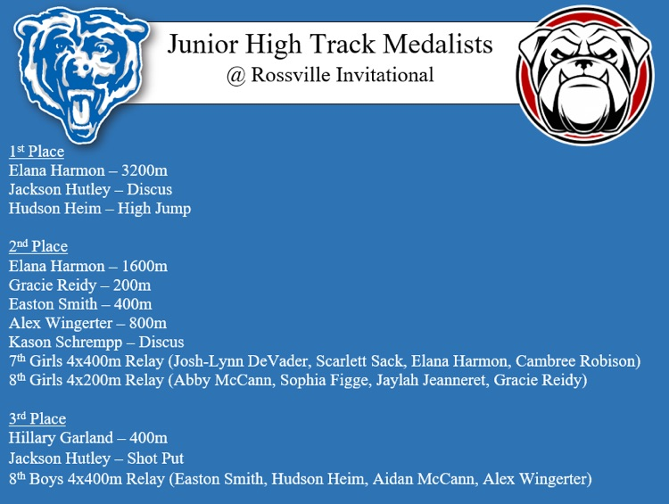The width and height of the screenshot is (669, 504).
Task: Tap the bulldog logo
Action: [584, 75]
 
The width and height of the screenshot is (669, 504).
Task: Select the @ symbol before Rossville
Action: [236, 76]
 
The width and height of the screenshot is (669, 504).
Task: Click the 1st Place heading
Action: [37, 151]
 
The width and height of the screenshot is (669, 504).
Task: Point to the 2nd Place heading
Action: [38, 246]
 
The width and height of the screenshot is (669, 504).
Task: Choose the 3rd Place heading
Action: [37, 418]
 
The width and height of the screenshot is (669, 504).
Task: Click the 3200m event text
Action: [145, 170]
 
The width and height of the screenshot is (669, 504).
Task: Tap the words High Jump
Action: [154, 209]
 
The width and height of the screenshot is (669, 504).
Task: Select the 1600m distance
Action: [145, 266]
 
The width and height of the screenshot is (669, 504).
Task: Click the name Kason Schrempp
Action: [66, 343]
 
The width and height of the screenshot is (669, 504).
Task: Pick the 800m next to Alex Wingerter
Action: [148, 323]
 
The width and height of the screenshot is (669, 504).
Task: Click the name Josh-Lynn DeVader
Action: [241, 361]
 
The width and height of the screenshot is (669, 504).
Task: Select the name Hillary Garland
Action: [61, 438]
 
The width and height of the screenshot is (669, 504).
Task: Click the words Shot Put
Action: [155, 459]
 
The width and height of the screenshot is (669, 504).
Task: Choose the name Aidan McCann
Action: [424, 479]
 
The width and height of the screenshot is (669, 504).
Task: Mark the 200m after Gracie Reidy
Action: [132, 285]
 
